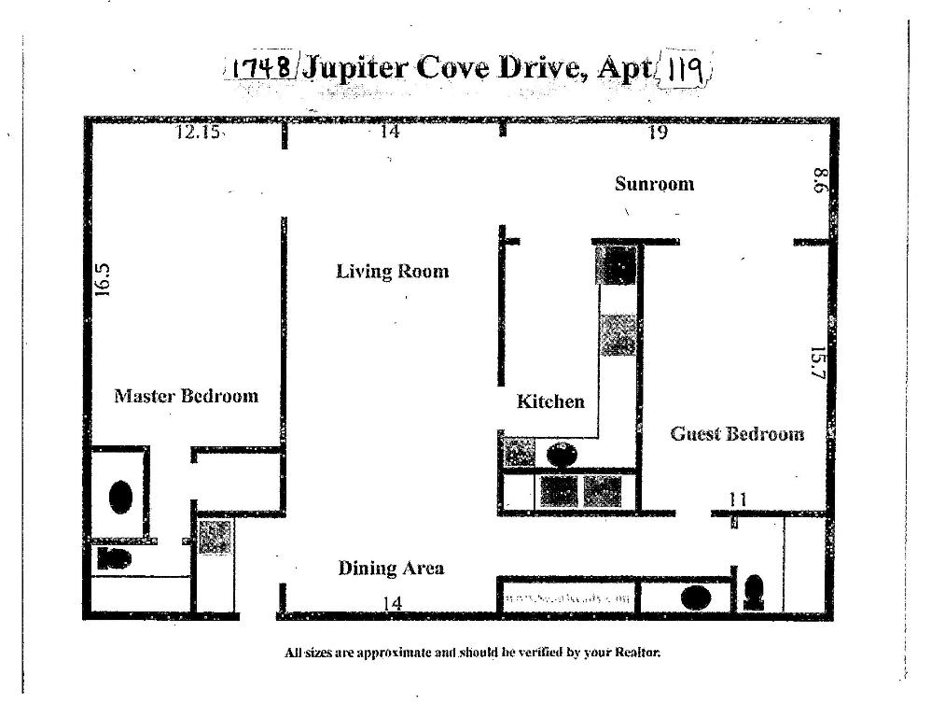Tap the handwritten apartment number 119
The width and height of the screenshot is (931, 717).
(x=686, y=68)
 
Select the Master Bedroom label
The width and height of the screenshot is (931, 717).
(x=186, y=396)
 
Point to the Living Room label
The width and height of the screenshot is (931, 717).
(x=392, y=272)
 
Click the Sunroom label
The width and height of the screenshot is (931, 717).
(x=654, y=184)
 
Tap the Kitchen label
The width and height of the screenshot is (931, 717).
(x=550, y=401)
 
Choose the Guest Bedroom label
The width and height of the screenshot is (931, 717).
(x=737, y=434)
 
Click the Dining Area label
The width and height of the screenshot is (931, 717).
(x=391, y=568)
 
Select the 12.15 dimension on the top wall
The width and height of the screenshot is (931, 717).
(x=199, y=133)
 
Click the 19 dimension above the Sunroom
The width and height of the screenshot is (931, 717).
(x=658, y=133)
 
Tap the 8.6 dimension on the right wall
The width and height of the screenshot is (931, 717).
(x=819, y=180)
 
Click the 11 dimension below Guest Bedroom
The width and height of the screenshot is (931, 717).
(x=737, y=500)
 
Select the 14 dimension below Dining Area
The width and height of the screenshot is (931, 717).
(x=393, y=604)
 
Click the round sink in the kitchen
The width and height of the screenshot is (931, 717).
(x=562, y=456)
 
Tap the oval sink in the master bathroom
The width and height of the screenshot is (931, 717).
(x=120, y=497)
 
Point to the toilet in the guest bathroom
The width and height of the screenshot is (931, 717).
(x=754, y=592)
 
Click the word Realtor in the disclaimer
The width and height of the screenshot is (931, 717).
(x=637, y=653)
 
